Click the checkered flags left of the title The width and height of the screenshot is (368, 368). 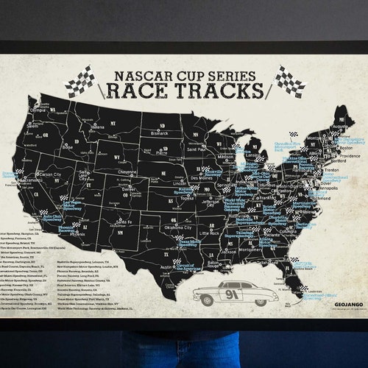tap(79, 81)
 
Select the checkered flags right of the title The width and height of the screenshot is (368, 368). tap(289, 80)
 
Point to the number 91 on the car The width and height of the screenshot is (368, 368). tap(232, 294)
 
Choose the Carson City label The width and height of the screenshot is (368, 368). tap(49, 174)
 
